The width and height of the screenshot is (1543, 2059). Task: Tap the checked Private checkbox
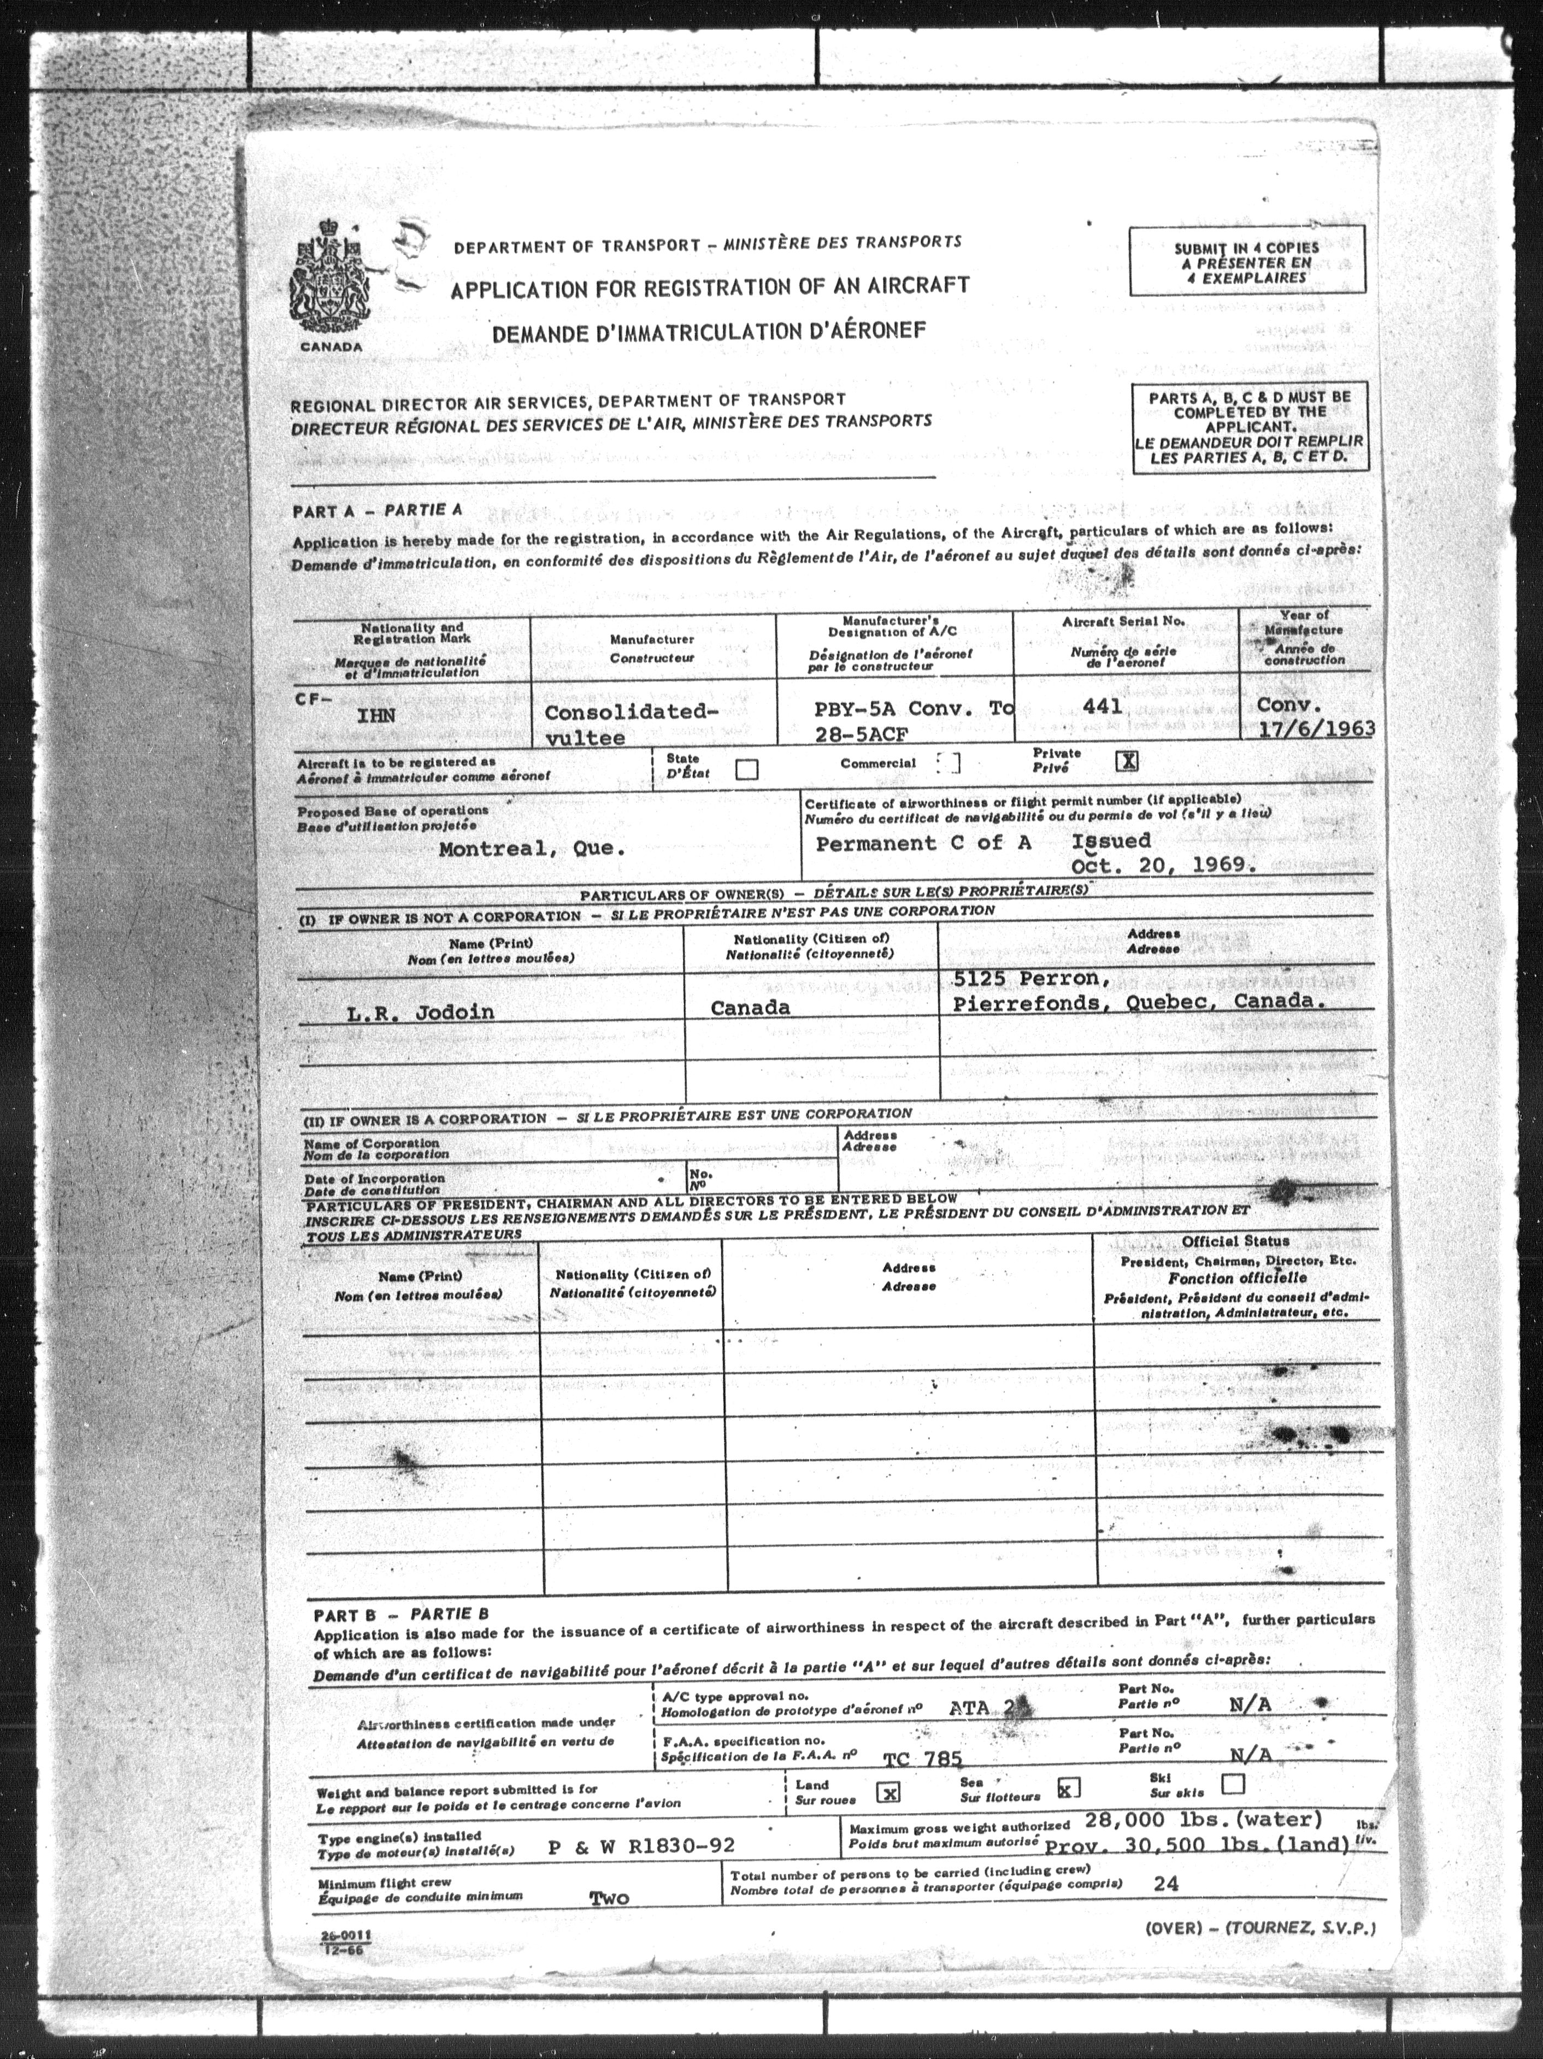pyautogui.click(x=1127, y=761)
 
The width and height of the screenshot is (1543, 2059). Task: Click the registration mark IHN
pyautogui.click(x=377, y=716)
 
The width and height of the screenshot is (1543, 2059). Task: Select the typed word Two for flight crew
pyautogui.click(x=610, y=1898)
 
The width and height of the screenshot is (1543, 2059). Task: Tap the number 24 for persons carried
pyautogui.click(x=1165, y=1883)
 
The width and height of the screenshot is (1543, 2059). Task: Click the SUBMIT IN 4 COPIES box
pyautogui.click(x=1246, y=262)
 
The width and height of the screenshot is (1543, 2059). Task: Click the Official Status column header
pyautogui.click(x=1235, y=1241)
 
